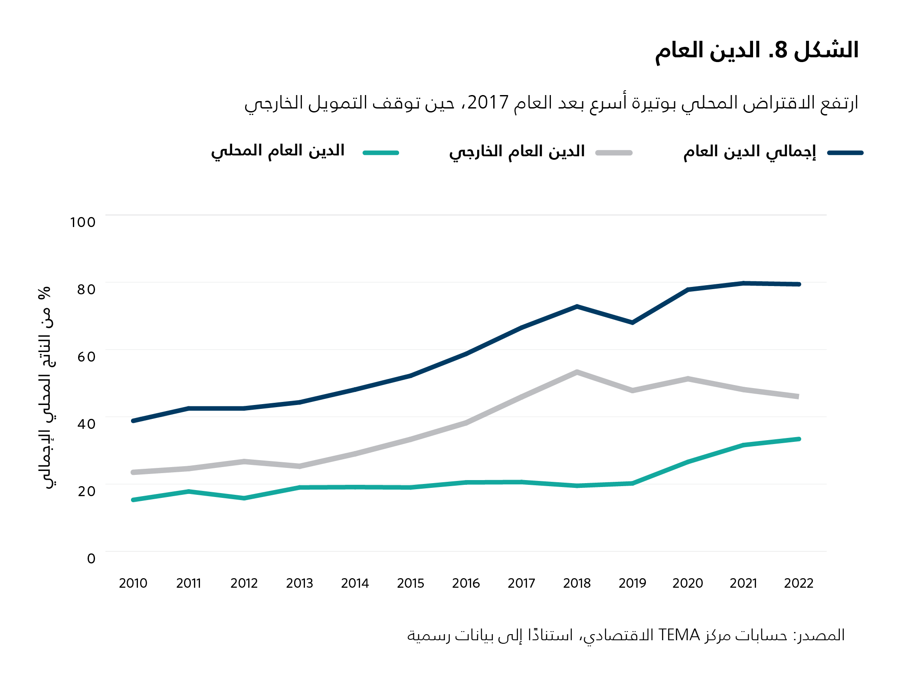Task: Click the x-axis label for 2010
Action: tap(133, 583)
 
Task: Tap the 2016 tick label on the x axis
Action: tap(466, 583)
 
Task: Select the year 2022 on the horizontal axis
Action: tap(799, 583)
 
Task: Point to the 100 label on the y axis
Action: tap(83, 222)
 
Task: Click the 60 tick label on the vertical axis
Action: tap(86, 357)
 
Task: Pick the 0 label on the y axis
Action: tap(91, 559)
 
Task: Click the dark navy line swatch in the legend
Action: tap(845, 153)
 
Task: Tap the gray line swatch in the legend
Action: tap(614, 153)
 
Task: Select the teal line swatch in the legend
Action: tap(381, 153)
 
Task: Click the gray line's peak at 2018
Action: tap(577, 372)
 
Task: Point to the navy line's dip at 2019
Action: tap(632, 323)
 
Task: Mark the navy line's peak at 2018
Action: tap(577, 306)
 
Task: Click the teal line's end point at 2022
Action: tap(799, 439)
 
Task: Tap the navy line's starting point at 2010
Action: tap(133, 421)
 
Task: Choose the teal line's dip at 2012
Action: tap(244, 498)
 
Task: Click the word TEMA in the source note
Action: tap(679, 635)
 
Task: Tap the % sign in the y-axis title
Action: tap(44, 293)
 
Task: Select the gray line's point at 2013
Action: tap(300, 466)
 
